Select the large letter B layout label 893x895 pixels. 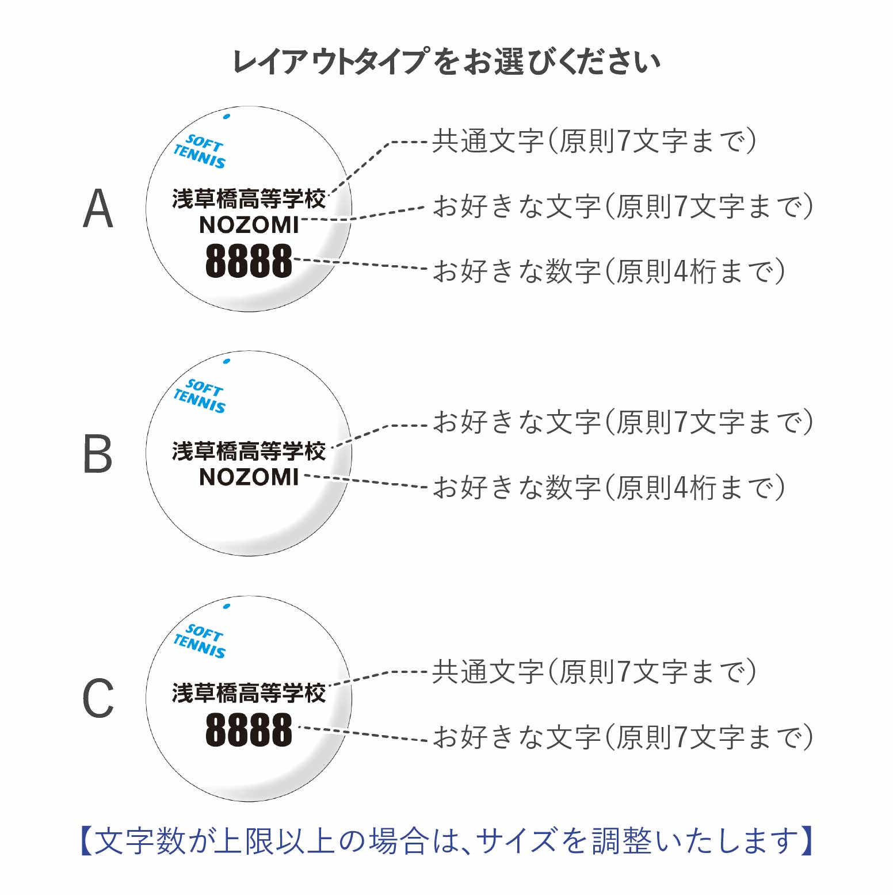click(98, 454)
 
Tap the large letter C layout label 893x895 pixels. click(98, 698)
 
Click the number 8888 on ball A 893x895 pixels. click(249, 261)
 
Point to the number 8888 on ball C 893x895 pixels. click(249, 730)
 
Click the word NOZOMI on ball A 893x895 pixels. click(249, 225)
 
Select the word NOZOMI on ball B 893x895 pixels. click(249, 477)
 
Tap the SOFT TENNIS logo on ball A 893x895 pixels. click(200, 151)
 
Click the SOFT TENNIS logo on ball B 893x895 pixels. click(200, 396)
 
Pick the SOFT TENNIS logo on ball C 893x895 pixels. click(200, 641)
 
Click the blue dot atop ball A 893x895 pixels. click(227, 117)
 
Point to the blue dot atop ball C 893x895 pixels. click(227, 606)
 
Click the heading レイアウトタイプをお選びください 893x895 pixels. click(446, 62)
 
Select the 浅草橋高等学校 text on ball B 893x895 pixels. click(249, 452)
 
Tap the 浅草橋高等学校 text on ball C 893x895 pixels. click(249, 693)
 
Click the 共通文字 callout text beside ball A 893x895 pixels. click(593, 141)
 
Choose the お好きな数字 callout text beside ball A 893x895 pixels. click(608, 271)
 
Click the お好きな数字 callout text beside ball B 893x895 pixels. click(608, 487)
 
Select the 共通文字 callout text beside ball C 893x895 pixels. click(593, 672)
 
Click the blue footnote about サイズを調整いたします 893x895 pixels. click(446, 841)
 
